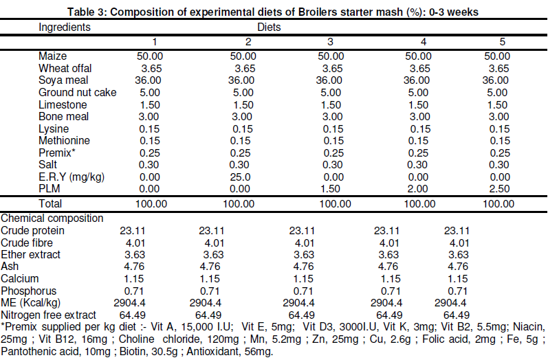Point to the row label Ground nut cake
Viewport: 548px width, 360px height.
tap(78, 92)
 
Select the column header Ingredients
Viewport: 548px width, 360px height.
tap(65, 28)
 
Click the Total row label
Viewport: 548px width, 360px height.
tap(50, 203)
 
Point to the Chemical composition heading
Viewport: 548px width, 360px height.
tap(52, 218)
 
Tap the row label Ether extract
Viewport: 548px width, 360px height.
tap(31, 254)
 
